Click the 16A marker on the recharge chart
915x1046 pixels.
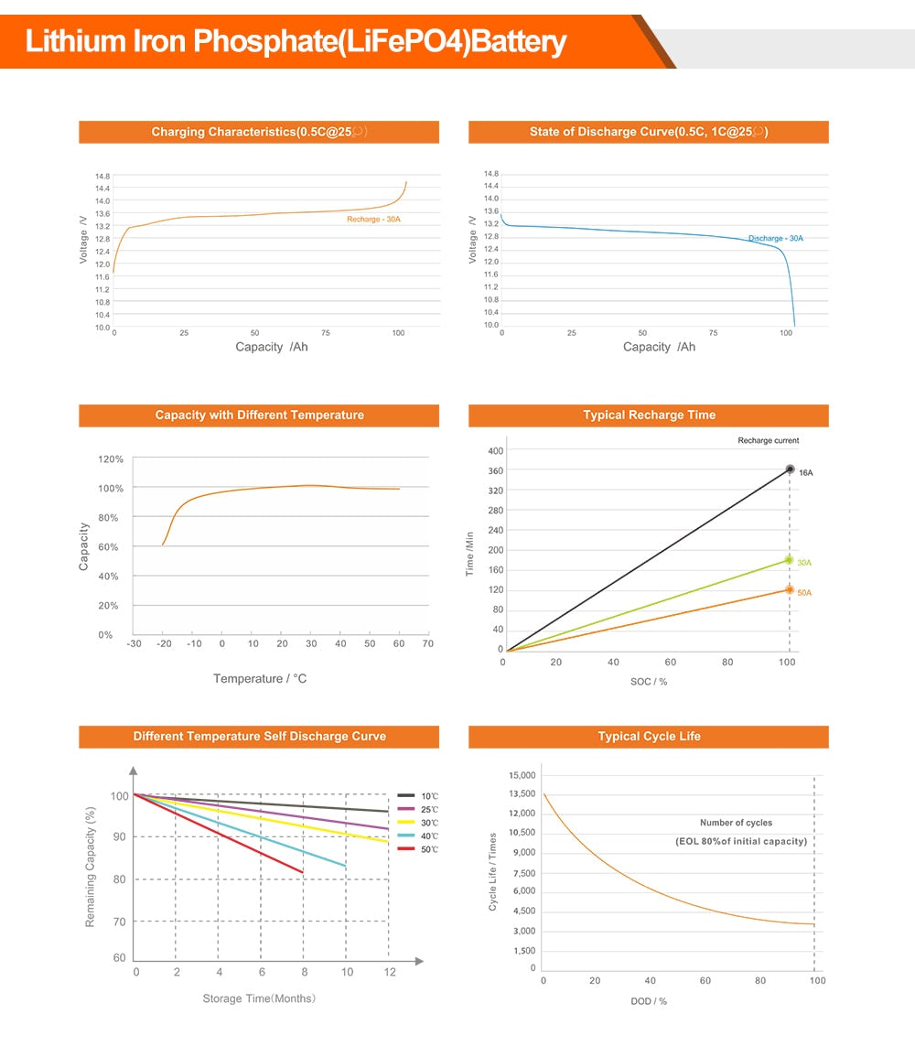[x=790, y=469]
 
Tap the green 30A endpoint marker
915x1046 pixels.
[x=790, y=560]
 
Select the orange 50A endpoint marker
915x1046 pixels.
[x=790, y=589]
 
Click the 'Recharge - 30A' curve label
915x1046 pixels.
[x=373, y=220]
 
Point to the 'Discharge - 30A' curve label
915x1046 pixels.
[x=775, y=239]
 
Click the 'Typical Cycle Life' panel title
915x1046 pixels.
[x=649, y=737]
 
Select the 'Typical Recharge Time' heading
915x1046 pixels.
[x=649, y=415]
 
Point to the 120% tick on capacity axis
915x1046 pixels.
[x=110, y=459]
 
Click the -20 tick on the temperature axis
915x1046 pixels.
[x=165, y=644]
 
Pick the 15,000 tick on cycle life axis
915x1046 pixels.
[x=522, y=776]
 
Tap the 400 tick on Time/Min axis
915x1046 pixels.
[x=495, y=451]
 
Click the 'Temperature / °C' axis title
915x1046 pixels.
[x=260, y=679]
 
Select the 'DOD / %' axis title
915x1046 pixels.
[x=649, y=1001]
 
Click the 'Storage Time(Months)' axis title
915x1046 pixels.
[x=259, y=998]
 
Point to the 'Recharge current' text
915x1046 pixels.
[x=768, y=441]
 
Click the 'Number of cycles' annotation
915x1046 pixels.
[x=736, y=824]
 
